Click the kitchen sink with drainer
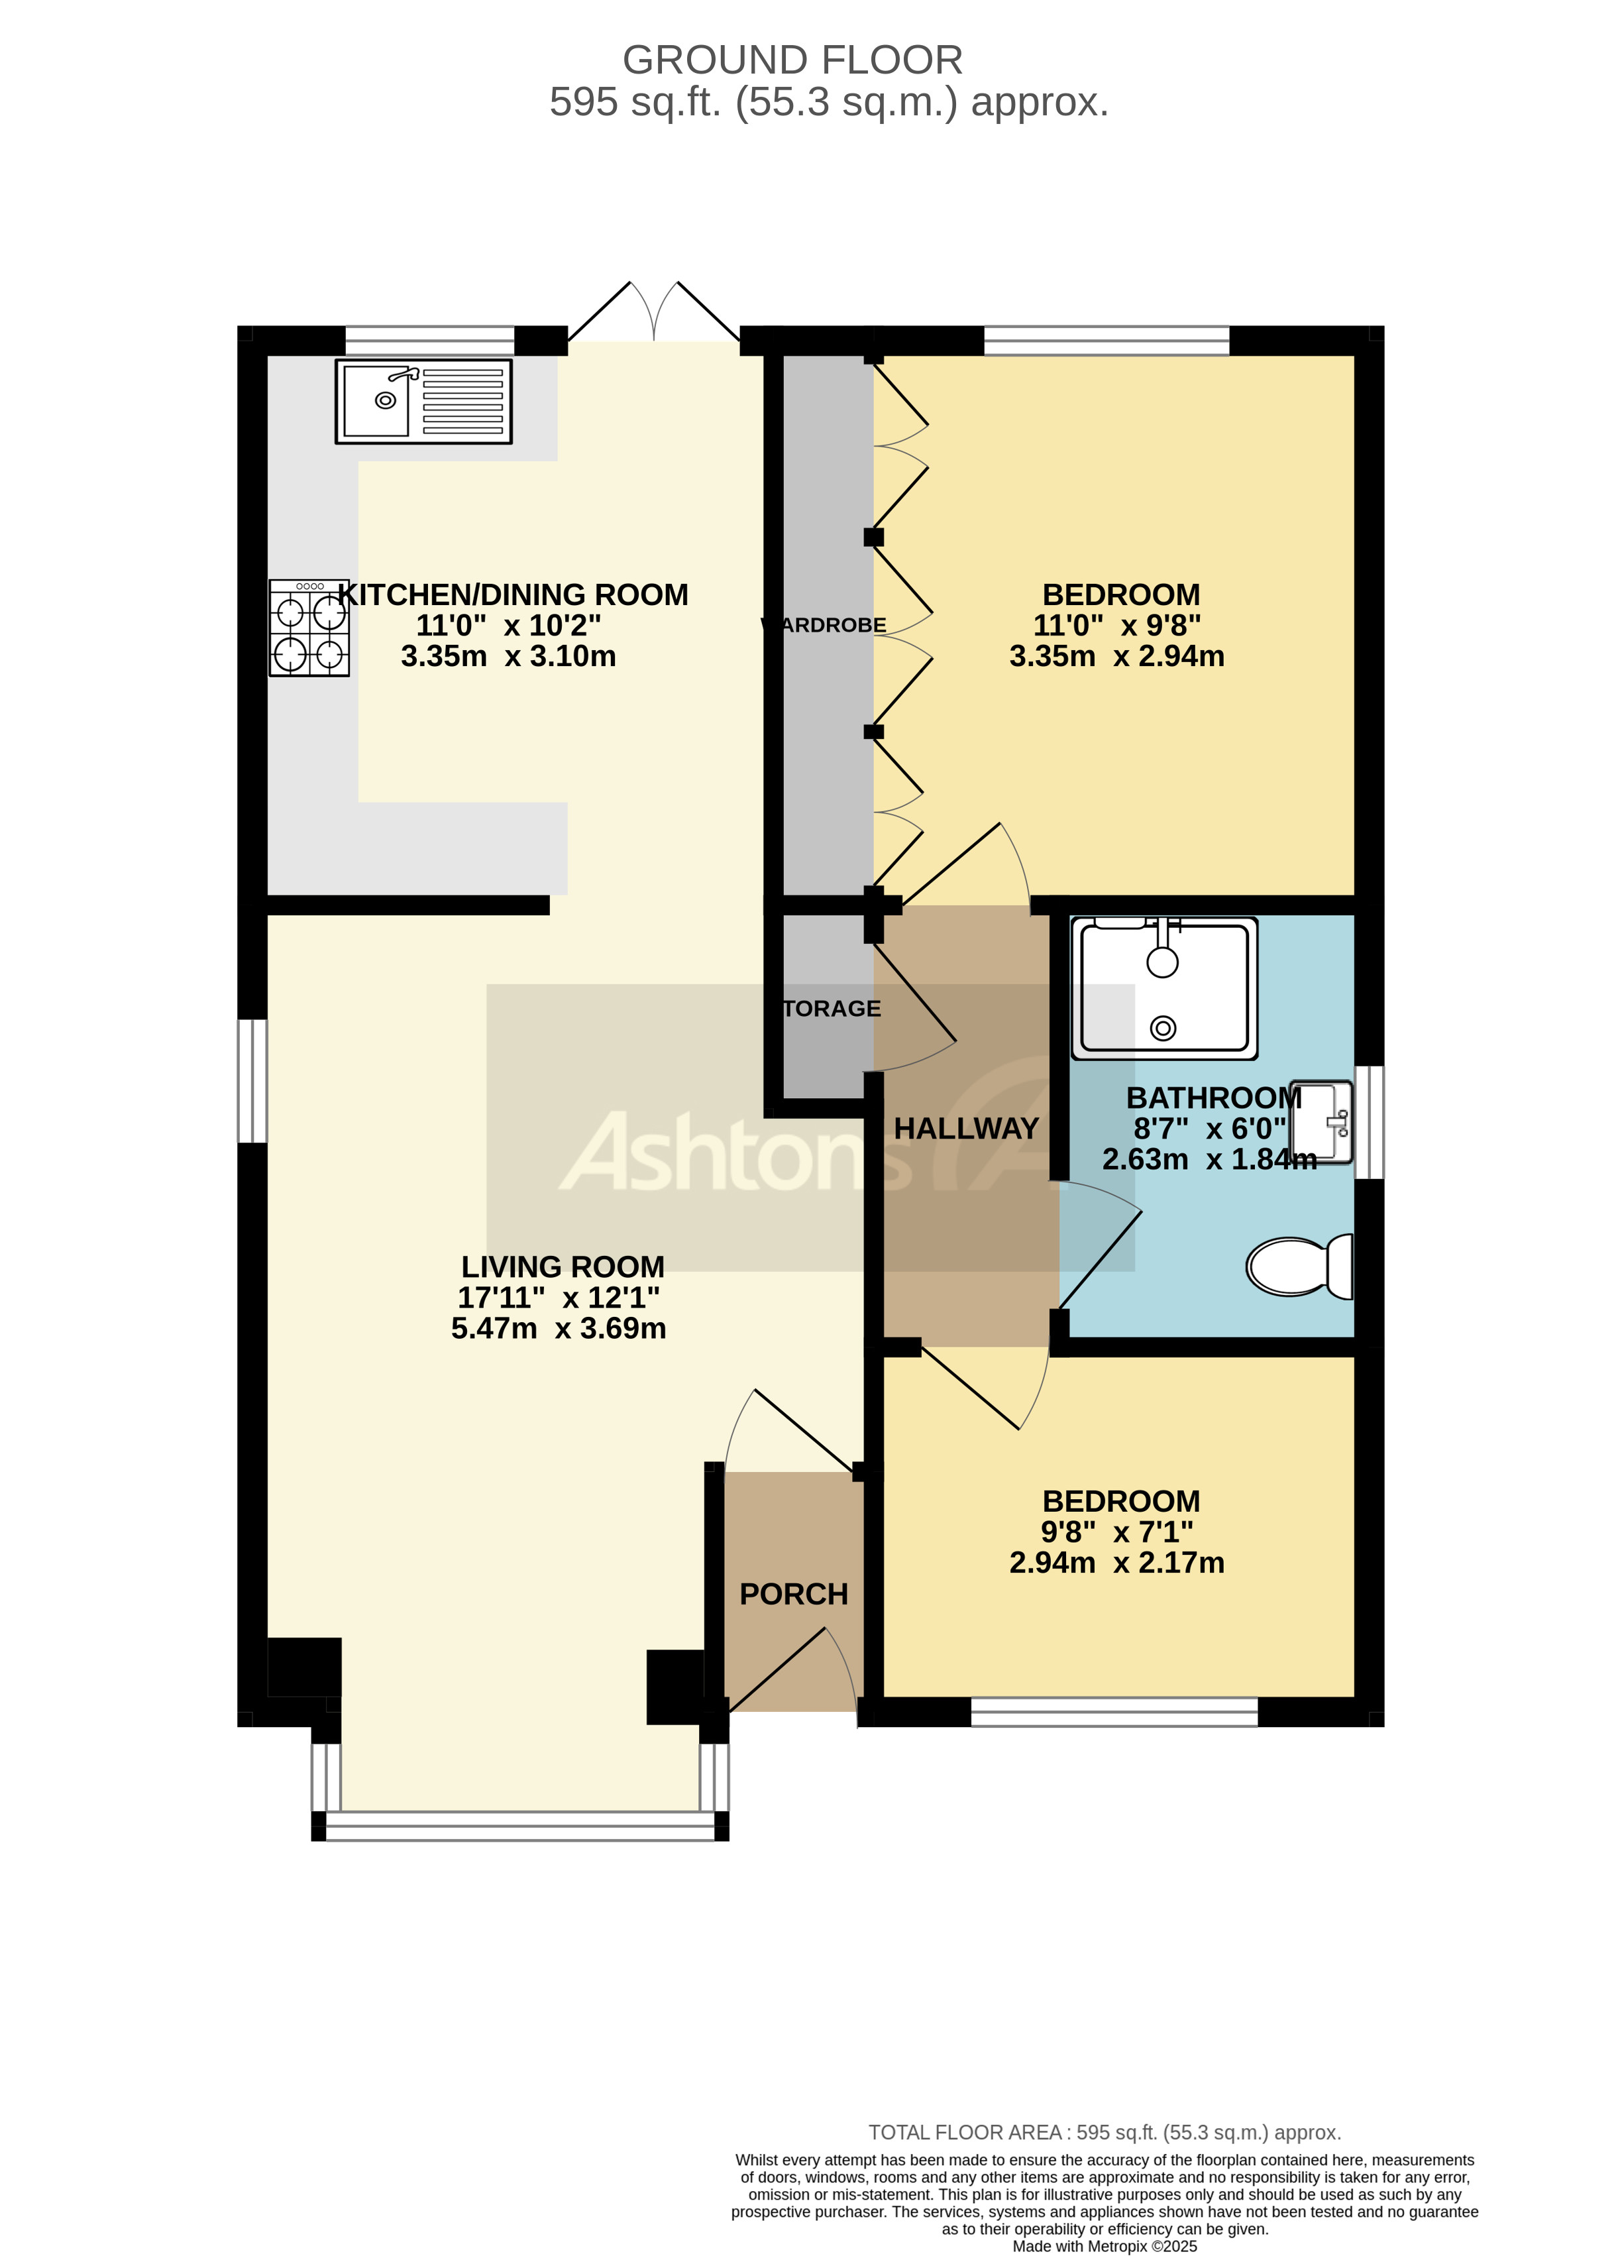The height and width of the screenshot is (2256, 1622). pyautogui.click(x=423, y=401)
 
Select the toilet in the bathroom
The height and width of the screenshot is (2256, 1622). pyautogui.click(x=1299, y=1267)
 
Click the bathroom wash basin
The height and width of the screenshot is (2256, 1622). pyautogui.click(x=1322, y=1121)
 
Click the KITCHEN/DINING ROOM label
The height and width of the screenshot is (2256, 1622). pyautogui.click(x=512, y=595)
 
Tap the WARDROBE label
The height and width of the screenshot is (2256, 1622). pyautogui.click(x=826, y=625)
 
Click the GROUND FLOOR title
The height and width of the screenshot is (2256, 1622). pyautogui.click(x=792, y=61)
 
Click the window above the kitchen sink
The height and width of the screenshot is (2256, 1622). pyautogui.click(x=429, y=340)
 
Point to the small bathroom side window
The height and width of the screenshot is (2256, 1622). pyautogui.click(x=1370, y=1121)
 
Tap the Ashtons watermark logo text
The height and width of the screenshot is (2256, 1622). pyautogui.click(x=736, y=1154)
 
